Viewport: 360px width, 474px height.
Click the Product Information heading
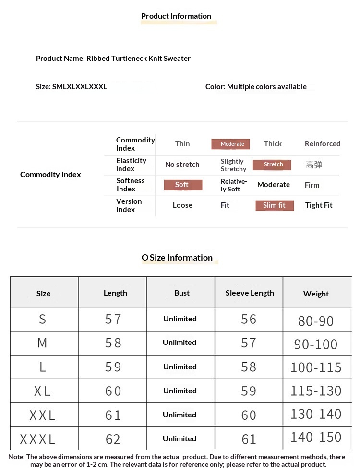[x=176, y=16]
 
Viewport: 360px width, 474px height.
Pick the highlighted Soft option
[x=182, y=185]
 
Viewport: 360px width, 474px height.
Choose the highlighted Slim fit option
[x=274, y=205]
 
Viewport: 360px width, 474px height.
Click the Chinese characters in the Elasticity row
[x=314, y=165]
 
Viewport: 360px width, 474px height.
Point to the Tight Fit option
[x=319, y=205]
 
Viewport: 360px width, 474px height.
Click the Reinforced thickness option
[x=322, y=144]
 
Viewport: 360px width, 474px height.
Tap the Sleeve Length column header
[x=250, y=293]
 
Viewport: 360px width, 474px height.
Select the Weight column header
[x=316, y=294]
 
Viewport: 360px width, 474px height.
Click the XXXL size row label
[x=38, y=439]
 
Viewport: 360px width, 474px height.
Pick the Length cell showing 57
[x=113, y=320]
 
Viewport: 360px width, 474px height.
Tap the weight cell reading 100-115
[x=316, y=367]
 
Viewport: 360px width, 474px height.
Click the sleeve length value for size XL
[x=249, y=391]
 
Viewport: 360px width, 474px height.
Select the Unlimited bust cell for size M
[x=180, y=343]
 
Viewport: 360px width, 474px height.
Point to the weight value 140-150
[x=316, y=437]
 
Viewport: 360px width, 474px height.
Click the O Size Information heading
[x=177, y=258]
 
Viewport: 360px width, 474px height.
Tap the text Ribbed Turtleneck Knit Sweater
[x=138, y=59]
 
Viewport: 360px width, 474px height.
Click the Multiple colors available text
[x=267, y=87]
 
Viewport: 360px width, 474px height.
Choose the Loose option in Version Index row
[x=182, y=205]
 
